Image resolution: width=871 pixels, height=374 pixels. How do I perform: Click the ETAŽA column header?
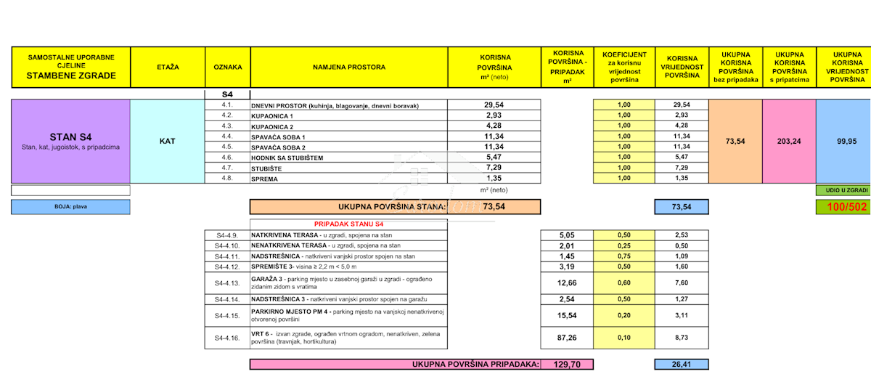[x=168, y=68]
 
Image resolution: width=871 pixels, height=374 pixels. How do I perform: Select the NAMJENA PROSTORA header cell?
[x=349, y=68]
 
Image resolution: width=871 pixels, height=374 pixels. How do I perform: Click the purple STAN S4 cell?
[x=70, y=141]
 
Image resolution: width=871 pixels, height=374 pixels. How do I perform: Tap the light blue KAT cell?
[x=168, y=141]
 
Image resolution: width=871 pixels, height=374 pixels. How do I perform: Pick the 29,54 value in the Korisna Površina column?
[x=494, y=105]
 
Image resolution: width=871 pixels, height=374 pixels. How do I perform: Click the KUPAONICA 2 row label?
[x=273, y=126]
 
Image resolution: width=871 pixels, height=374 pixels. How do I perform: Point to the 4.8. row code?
[x=227, y=178]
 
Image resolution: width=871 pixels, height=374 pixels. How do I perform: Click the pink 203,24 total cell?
[x=790, y=141]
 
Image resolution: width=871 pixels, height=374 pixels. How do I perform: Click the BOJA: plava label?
[x=70, y=207]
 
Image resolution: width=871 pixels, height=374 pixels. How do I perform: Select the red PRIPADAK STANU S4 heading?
[x=349, y=224]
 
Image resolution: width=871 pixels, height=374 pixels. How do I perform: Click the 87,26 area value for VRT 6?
[x=567, y=338]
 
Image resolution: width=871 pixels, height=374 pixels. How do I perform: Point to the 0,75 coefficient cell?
[x=624, y=256]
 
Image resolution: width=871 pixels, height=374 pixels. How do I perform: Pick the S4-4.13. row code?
[x=227, y=283]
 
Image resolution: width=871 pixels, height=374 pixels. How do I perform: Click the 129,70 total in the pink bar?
[x=567, y=364]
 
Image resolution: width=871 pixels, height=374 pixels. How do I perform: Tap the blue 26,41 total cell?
[x=682, y=364]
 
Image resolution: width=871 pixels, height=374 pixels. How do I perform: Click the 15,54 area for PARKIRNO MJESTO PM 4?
[x=567, y=314]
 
